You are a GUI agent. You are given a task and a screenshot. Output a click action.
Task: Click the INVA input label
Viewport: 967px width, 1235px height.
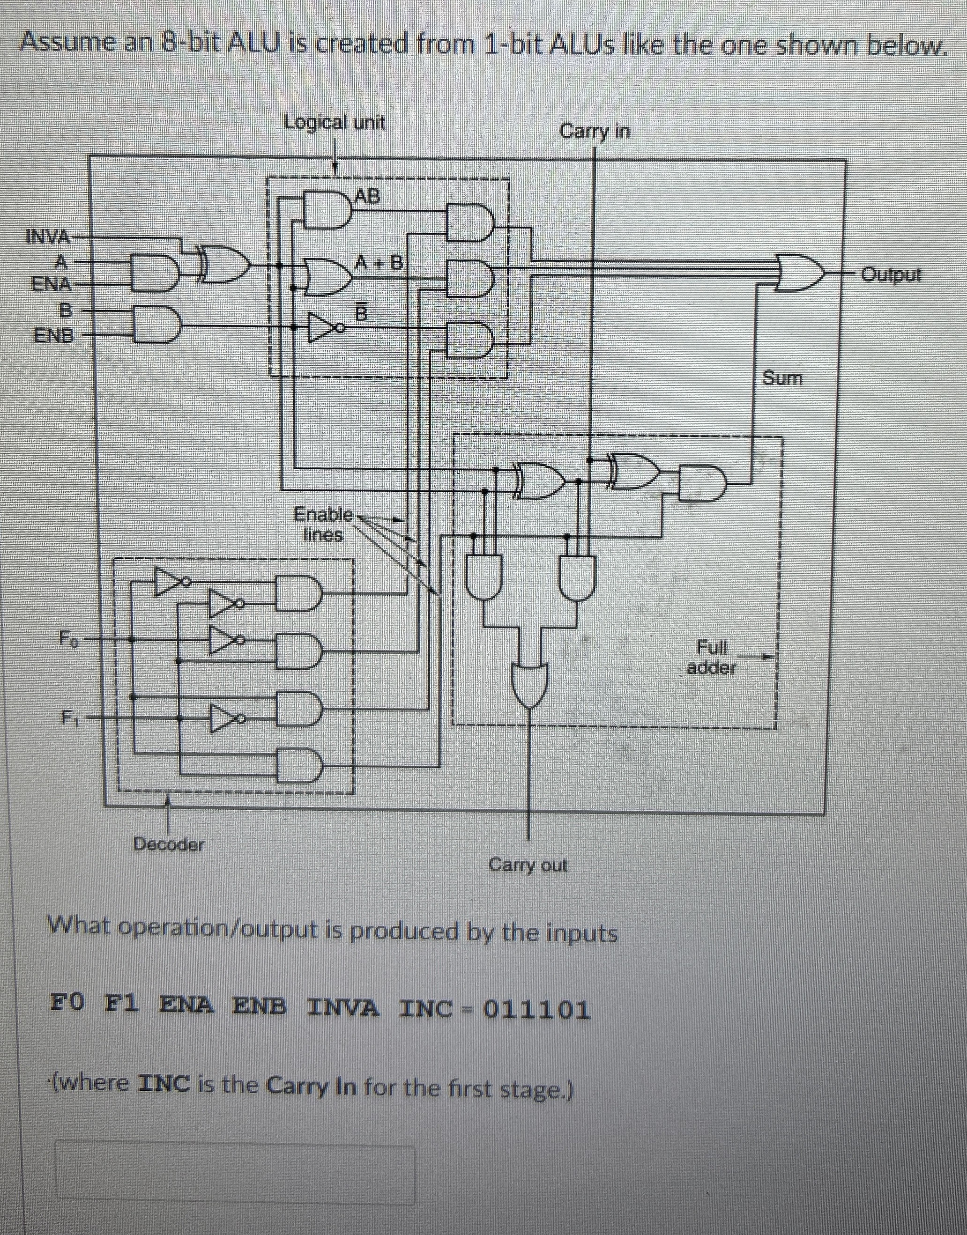coord(48,236)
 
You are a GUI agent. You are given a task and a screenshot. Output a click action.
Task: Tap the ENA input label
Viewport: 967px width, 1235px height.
coord(51,283)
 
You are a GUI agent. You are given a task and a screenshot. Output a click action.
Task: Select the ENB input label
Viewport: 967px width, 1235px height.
coord(54,336)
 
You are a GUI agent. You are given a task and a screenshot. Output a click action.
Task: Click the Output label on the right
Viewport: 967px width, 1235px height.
coord(891,276)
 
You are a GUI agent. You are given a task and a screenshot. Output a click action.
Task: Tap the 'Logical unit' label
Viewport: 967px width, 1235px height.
coord(334,122)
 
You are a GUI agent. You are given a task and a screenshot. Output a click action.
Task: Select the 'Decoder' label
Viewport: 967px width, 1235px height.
coord(169,844)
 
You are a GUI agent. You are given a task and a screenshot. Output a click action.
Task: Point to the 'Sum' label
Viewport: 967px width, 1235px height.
coord(782,377)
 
